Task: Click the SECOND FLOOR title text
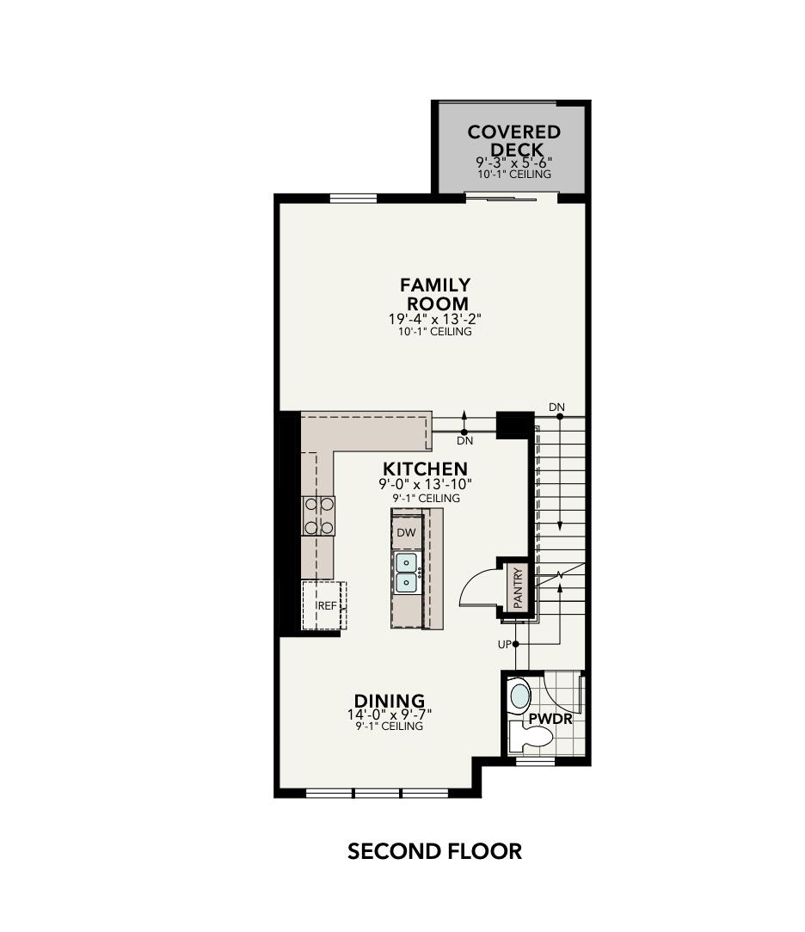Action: click(434, 851)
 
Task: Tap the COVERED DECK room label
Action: click(514, 141)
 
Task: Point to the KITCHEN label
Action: click(425, 469)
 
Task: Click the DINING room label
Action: click(390, 701)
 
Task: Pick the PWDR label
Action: click(550, 719)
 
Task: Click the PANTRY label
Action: click(518, 588)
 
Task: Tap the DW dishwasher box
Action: click(406, 533)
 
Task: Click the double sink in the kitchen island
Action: click(406, 573)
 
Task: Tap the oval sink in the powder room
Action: click(519, 694)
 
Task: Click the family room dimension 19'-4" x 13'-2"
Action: click(434, 319)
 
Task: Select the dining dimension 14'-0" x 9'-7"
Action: click(390, 714)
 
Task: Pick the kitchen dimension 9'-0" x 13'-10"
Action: click(425, 485)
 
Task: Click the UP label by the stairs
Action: click(503, 644)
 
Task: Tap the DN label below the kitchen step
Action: click(464, 440)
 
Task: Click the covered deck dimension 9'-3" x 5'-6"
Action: click(514, 162)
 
